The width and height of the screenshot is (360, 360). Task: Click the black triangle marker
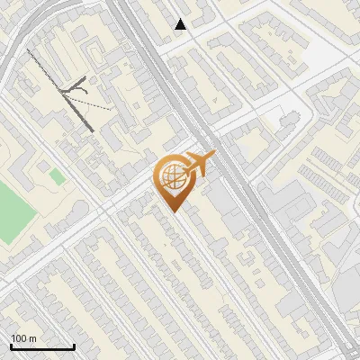click(x=181, y=24)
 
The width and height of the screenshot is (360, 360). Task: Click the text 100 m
click(x=23, y=338)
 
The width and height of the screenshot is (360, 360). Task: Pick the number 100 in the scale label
click(x=19, y=338)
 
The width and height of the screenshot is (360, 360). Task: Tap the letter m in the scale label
click(x=32, y=338)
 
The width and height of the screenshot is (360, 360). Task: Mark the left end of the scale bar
click(x=11, y=346)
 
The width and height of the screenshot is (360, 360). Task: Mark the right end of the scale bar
click(x=74, y=346)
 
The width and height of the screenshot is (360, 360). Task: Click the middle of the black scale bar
click(x=42, y=346)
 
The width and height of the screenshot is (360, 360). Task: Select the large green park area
click(x=11, y=211)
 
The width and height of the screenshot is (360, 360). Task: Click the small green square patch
click(x=56, y=176)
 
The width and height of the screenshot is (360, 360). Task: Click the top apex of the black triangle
click(x=181, y=18)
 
